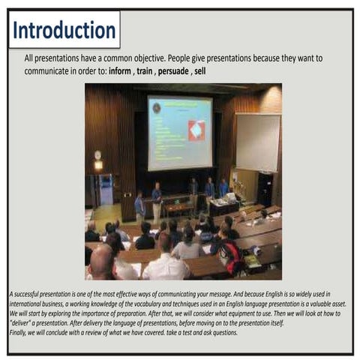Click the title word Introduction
click(x=64, y=31)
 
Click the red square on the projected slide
click(x=196, y=130)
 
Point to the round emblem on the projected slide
click(x=157, y=108)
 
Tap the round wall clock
click(x=97, y=154)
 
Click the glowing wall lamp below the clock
click(x=98, y=165)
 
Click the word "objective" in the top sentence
click(x=175, y=58)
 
